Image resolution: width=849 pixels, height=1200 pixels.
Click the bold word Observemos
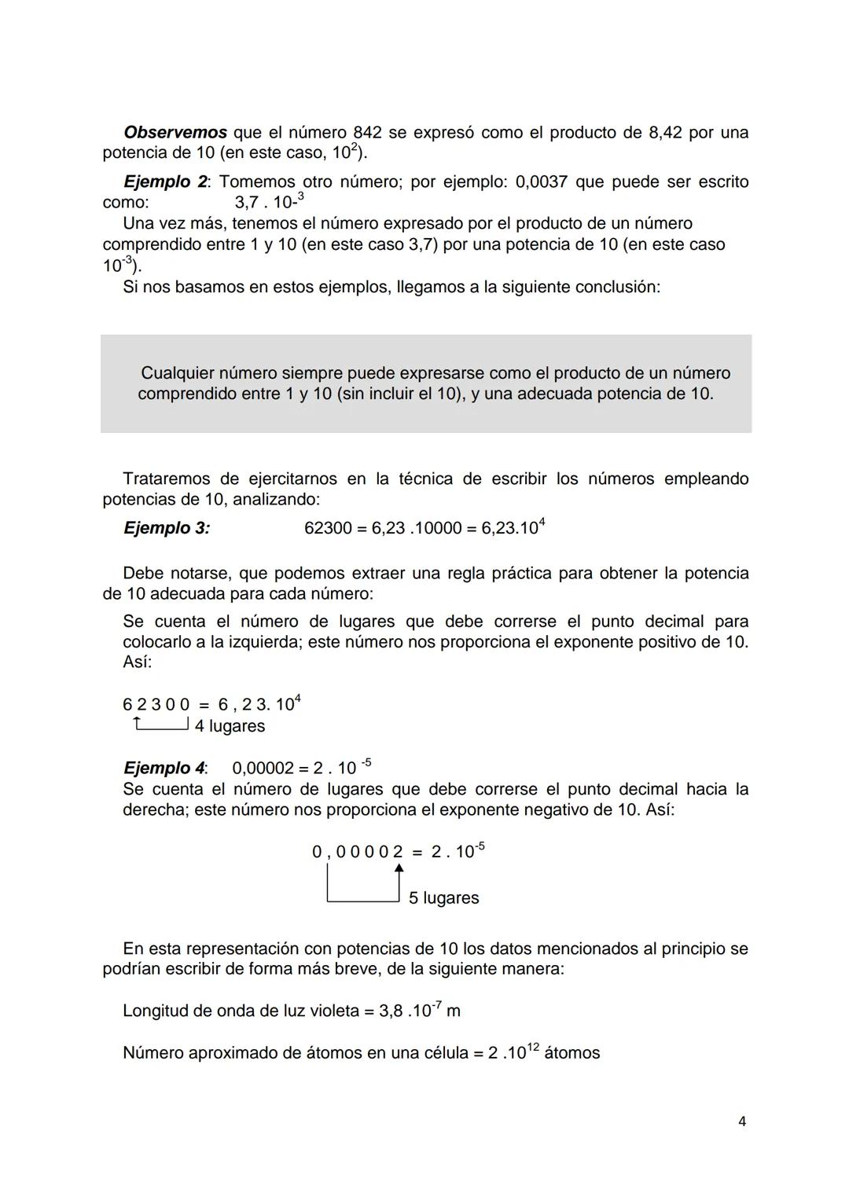(x=175, y=132)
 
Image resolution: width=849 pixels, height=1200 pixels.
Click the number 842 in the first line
(x=367, y=132)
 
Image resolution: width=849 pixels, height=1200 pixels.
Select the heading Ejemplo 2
(x=165, y=182)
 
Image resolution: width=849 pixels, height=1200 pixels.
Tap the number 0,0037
(x=541, y=182)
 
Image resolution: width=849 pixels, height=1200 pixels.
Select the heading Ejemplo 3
(x=167, y=528)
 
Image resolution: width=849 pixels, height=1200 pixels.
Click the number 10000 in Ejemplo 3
(x=436, y=528)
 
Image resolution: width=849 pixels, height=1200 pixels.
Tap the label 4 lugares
(x=230, y=726)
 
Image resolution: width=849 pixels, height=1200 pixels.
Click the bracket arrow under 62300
(x=162, y=724)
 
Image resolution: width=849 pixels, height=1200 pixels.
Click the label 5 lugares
(x=443, y=897)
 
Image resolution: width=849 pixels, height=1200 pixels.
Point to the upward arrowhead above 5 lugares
(x=399, y=868)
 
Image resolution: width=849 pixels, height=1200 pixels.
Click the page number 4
(x=742, y=1121)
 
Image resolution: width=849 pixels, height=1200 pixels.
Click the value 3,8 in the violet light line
(x=391, y=1011)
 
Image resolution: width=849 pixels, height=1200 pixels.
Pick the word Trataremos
(x=166, y=479)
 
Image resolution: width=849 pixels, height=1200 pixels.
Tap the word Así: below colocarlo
(x=138, y=662)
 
